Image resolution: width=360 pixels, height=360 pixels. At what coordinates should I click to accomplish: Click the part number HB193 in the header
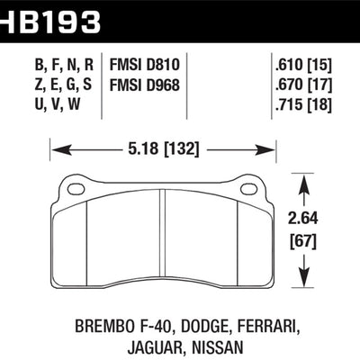tap(53, 15)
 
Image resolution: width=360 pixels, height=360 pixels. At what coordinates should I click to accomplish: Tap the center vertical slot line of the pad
tap(160, 236)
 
